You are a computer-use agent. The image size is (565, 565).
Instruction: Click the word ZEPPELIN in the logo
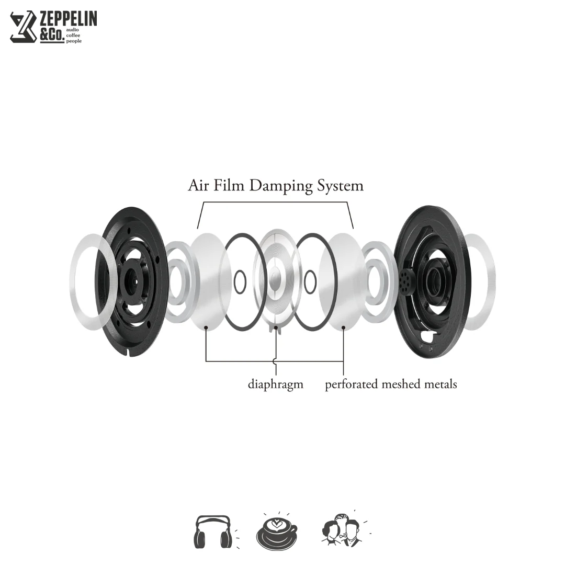point(68,18)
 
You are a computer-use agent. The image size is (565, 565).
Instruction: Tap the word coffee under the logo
point(73,36)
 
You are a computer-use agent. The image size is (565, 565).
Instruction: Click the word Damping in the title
point(281,186)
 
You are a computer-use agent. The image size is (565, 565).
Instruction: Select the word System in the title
point(340,186)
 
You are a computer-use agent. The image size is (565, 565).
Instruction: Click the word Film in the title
point(229,185)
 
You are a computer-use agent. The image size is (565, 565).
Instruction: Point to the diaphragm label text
point(276,385)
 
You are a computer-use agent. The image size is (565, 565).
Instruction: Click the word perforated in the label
point(352,385)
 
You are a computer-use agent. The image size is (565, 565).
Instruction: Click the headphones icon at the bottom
point(212,532)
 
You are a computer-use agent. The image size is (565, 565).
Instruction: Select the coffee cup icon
point(277,532)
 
